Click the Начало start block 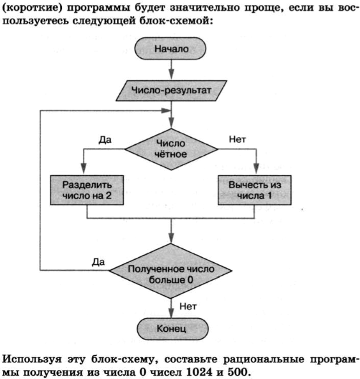point(171,48)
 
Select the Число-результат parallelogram point(171,90)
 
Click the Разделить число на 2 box point(86,189)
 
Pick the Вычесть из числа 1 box point(255,189)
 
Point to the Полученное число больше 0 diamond point(171,273)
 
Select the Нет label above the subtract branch point(237,138)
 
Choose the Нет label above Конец point(187,306)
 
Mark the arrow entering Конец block point(171,310)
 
